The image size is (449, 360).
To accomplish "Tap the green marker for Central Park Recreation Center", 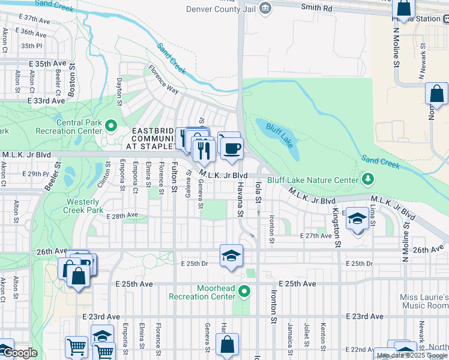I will coord(110,125).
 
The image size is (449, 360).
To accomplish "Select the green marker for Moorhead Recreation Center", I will coord(244,292).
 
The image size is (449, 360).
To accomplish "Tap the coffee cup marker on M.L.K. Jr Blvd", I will coord(232,147).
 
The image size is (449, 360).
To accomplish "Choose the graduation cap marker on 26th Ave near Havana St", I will coord(231,255).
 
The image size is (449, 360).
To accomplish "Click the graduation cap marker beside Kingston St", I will coord(357,219).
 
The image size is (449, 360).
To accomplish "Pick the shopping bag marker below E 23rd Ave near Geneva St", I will coord(227,346).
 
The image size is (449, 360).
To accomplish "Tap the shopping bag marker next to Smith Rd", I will coord(403,9).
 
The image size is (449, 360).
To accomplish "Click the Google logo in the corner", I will coord(19,353).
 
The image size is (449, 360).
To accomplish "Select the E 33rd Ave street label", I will coord(46,101).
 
